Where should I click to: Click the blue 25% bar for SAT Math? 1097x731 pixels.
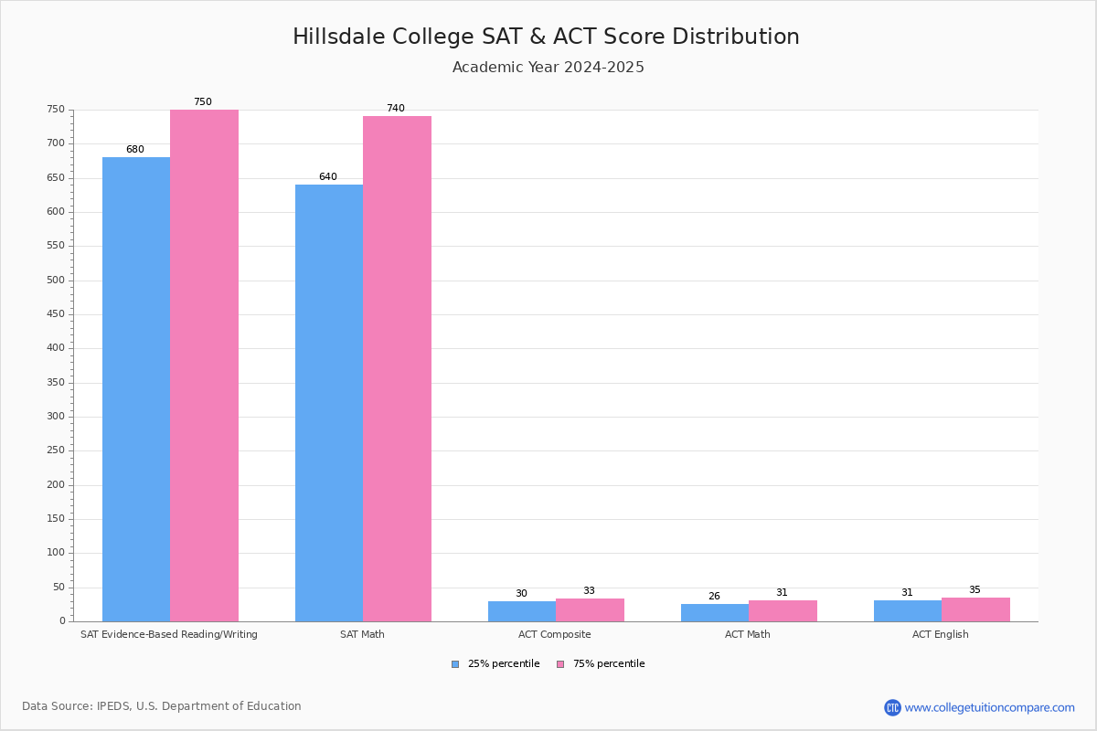point(329,402)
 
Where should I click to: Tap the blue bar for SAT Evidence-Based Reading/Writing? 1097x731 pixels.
point(136,388)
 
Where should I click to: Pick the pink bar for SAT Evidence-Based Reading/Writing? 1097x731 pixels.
point(204,365)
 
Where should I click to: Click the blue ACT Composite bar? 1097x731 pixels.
point(522,611)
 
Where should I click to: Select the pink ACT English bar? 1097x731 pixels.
point(975,609)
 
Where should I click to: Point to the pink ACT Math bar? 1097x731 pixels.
point(783,610)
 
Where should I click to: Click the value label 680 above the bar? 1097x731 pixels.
point(135,150)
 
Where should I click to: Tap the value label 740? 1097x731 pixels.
point(395,109)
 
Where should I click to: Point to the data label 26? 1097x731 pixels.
point(714,597)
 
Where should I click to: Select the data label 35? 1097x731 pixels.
point(975,590)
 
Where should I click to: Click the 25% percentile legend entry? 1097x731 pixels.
point(495,664)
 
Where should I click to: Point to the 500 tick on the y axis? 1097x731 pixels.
point(57,281)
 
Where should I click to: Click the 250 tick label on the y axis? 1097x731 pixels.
point(57,450)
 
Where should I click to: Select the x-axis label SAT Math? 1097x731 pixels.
point(362,634)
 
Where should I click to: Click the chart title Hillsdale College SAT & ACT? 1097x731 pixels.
point(546,37)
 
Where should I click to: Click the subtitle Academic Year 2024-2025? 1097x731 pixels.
point(548,68)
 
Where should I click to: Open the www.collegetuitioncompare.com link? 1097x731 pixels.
point(988,707)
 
